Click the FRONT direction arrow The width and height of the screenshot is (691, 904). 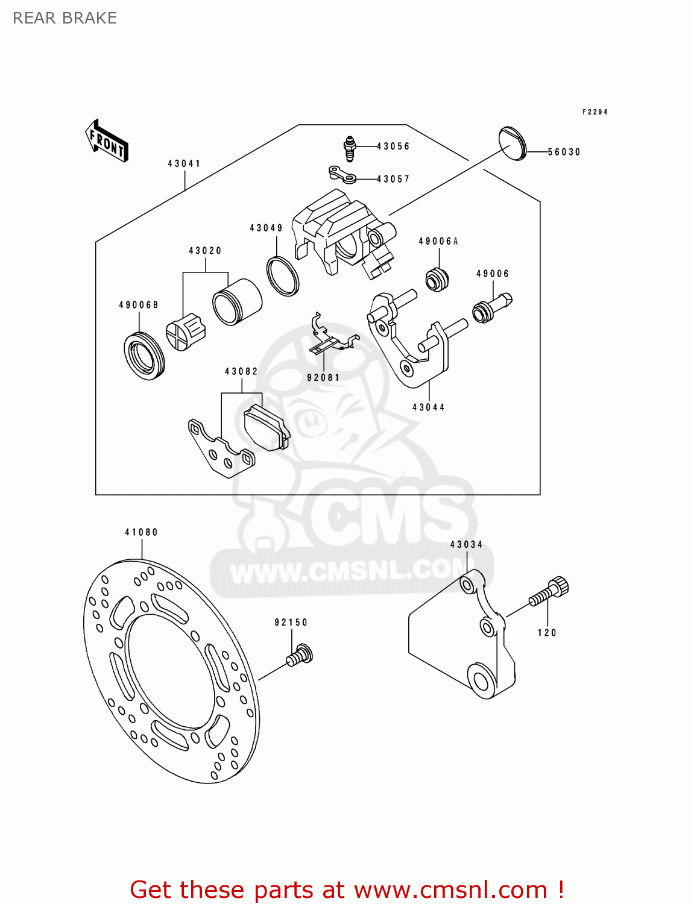point(107,140)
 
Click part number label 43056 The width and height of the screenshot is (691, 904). point(393,146)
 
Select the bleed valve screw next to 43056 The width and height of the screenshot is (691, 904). point(350,149)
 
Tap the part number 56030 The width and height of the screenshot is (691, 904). point(564,152)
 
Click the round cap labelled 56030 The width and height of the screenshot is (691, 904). point(513,144)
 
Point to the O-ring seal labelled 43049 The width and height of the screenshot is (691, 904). point(283,275)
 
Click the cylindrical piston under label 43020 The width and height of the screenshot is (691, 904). point(237,302)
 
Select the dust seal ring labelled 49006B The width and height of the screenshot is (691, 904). point(144,356)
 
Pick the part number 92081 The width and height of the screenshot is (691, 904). point(323,378)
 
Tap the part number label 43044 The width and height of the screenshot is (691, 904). point(428,407)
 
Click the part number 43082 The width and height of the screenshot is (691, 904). point(241,371)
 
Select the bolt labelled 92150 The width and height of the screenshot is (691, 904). point(300,655)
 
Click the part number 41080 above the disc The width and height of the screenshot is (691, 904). point(141,532)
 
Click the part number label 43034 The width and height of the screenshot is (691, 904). point(466,545)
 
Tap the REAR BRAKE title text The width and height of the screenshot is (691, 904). point(65,18)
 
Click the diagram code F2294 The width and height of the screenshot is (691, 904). point(595,112)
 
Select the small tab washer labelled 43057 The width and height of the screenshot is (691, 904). point(342,175)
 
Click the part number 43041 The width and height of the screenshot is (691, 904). point(184,163)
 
